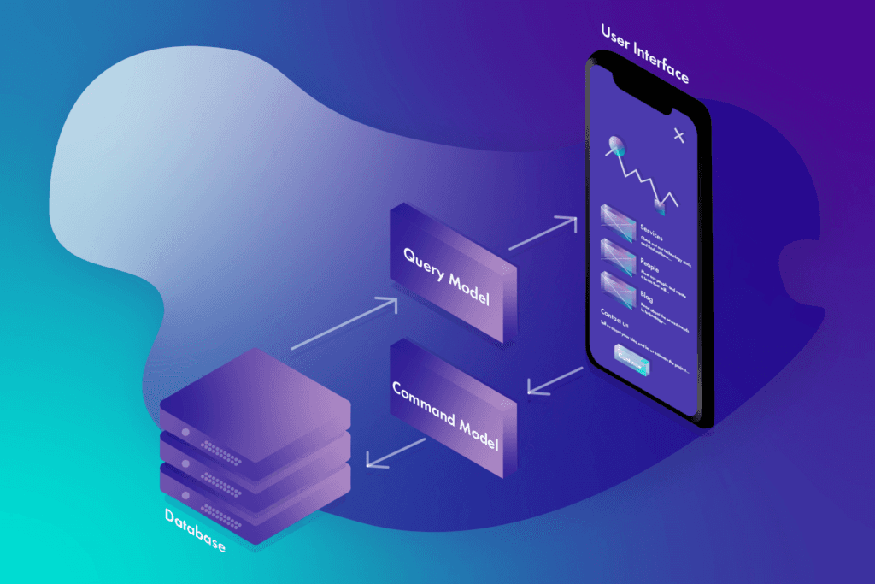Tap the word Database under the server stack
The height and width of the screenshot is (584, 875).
pyautogui.click(x=196, y=529)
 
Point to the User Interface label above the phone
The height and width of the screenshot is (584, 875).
pyautogui.click(x=644, y=53)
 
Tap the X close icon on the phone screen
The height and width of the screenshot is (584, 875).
pyautogui.click(x=679, y=135)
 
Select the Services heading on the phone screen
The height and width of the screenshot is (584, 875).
pyautogui.click(x=651, y=227)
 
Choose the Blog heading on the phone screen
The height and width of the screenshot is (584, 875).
pyautogui.click(x=646, y=296)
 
